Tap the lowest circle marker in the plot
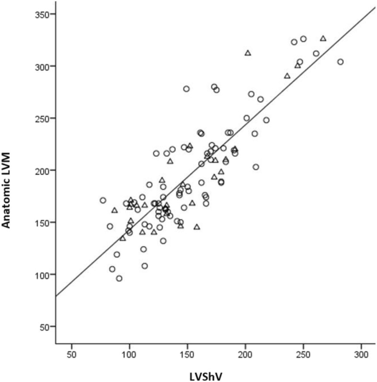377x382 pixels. [119, 279]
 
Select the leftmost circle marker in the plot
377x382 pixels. [103, 201]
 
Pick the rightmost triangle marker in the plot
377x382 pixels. [323, 38]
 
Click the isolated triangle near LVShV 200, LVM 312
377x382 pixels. [248, 53]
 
